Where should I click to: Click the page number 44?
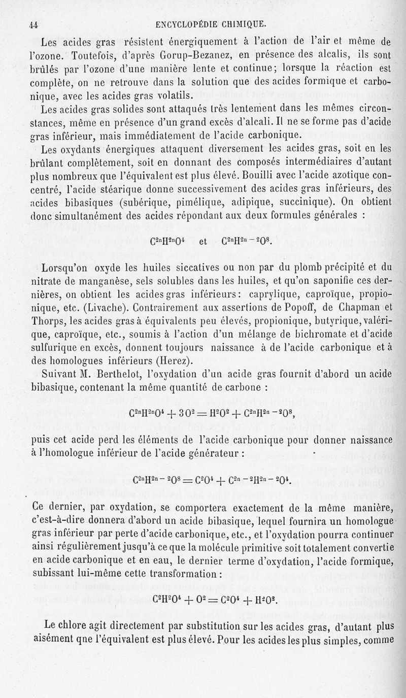(35, 23)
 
